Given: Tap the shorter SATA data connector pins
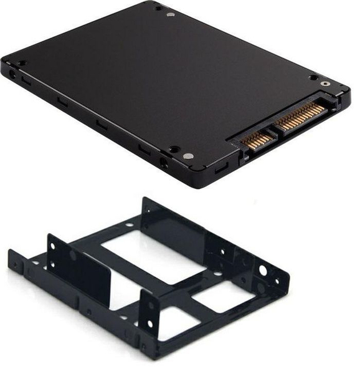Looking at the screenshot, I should click(254, 138).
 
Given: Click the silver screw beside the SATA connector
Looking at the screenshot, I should click(324, 84).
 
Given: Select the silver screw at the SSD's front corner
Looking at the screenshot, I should click(189, 156).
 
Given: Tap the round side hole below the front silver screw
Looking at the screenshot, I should click(164, 163).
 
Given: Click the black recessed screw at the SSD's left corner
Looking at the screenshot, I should click(22, 63).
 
